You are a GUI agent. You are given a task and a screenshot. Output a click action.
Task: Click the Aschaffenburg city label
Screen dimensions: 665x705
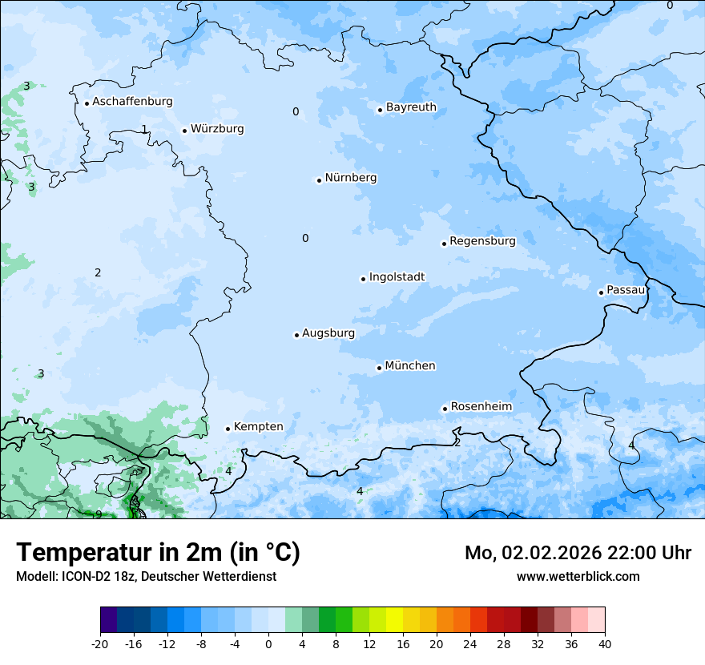pyautogui.click(x=132, y=102)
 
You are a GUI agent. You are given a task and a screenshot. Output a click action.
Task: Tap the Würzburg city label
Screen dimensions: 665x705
pyautogui.click(x=217, y=129)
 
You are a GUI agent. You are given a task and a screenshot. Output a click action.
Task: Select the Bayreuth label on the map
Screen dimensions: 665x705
pyautogui.click(x=411, y=107)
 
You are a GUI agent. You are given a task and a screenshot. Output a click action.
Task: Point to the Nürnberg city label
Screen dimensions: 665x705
pyautogui.click(x=351, y=178)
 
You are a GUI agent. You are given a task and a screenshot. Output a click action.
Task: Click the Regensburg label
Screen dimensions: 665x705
pyautogui.click(x=482, y=241)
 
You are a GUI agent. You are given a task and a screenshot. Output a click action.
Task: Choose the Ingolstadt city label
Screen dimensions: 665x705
pyautogui.click(x=397, y=277)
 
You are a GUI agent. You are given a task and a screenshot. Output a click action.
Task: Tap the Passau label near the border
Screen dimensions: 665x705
pyautogui.click(x=625, y=290)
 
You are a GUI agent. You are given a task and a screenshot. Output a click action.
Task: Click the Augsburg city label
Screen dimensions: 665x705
pyautogui.click(x=328, y=333)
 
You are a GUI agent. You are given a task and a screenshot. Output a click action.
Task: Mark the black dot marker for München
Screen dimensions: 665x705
pyautogui.click(x=379, y=368)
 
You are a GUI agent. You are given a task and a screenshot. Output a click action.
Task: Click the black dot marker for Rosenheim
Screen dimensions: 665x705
pyautogui.click(x=445, y=409)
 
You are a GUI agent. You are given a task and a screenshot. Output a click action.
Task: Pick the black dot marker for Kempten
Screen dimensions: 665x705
pyautogui.click(x=228, y=429)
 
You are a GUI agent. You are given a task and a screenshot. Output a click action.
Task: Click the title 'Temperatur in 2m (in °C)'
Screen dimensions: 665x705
pyautogui.click(x=158, y=553)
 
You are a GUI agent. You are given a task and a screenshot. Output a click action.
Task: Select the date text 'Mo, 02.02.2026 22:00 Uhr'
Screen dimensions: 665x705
pyautogui.click(x=578, y=553)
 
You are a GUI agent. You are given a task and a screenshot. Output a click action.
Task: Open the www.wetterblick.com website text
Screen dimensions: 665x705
pyautogui.click(x=578, y=576)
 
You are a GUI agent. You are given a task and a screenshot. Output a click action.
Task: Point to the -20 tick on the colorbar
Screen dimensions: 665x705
pyautogui.click(x=100, y=643)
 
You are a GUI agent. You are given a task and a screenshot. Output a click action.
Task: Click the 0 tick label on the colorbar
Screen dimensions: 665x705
pyautogui.click(x=268, y=643)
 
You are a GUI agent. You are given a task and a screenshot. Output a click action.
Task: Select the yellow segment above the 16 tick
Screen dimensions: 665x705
pyautogui.click(x=394, y=620)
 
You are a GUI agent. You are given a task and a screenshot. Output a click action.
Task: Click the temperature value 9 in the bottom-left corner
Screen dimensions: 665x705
pyautogui.click(x=99, y=514)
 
